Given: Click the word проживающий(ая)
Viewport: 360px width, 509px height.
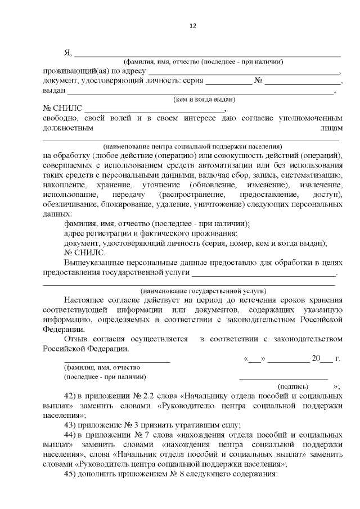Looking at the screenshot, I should click(77, 71).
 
